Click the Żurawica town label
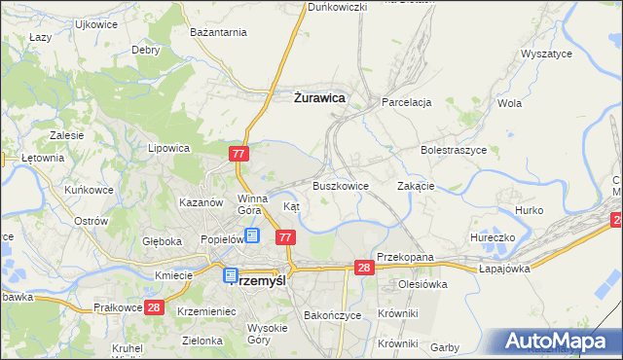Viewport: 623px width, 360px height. [319, 97]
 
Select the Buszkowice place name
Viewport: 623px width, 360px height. [340, 185]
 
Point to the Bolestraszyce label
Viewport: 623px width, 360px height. [453, 151]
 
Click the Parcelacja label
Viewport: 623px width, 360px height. [406, 102]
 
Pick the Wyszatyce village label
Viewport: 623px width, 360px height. [546, 54]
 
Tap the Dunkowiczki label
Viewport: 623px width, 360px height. [337, 7]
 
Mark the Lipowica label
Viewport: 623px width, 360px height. [167, 149]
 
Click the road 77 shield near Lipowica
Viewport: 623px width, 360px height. [240, 154]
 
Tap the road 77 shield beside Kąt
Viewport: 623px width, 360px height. [285, 237]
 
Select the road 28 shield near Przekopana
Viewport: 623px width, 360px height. [364, 268]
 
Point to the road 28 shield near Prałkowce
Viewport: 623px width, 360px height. [153, 307]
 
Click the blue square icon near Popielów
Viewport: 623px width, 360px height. [252, 234]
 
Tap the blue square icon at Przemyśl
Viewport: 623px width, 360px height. [231, 275]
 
